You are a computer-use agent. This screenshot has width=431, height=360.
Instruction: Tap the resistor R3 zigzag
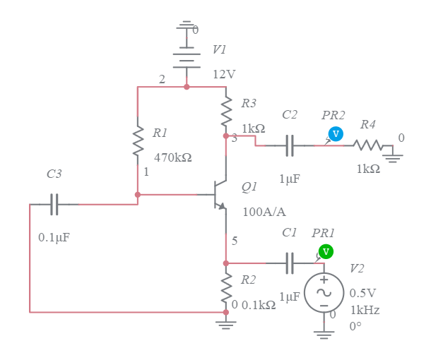[226, 110]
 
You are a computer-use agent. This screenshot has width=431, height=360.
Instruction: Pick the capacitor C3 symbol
[54, 204]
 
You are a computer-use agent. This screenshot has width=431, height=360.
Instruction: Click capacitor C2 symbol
[290, 146]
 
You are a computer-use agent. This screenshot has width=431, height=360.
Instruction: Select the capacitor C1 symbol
[290, 263]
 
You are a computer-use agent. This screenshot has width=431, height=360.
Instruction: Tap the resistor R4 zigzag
[368, 146]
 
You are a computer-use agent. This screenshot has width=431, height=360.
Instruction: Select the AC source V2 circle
[324, 292]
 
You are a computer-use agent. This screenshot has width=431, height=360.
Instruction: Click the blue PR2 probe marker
[336, 133]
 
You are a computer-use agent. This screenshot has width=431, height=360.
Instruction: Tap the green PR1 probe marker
[325, 251]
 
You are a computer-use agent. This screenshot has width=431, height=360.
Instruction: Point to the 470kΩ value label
[172, 157]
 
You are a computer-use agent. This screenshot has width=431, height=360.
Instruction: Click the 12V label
[224, 74]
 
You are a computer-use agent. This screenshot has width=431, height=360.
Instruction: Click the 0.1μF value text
[54, 238]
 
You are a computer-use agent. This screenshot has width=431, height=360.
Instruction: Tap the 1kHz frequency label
[364, 310]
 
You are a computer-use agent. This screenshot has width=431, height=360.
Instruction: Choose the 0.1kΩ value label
[258, 305]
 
